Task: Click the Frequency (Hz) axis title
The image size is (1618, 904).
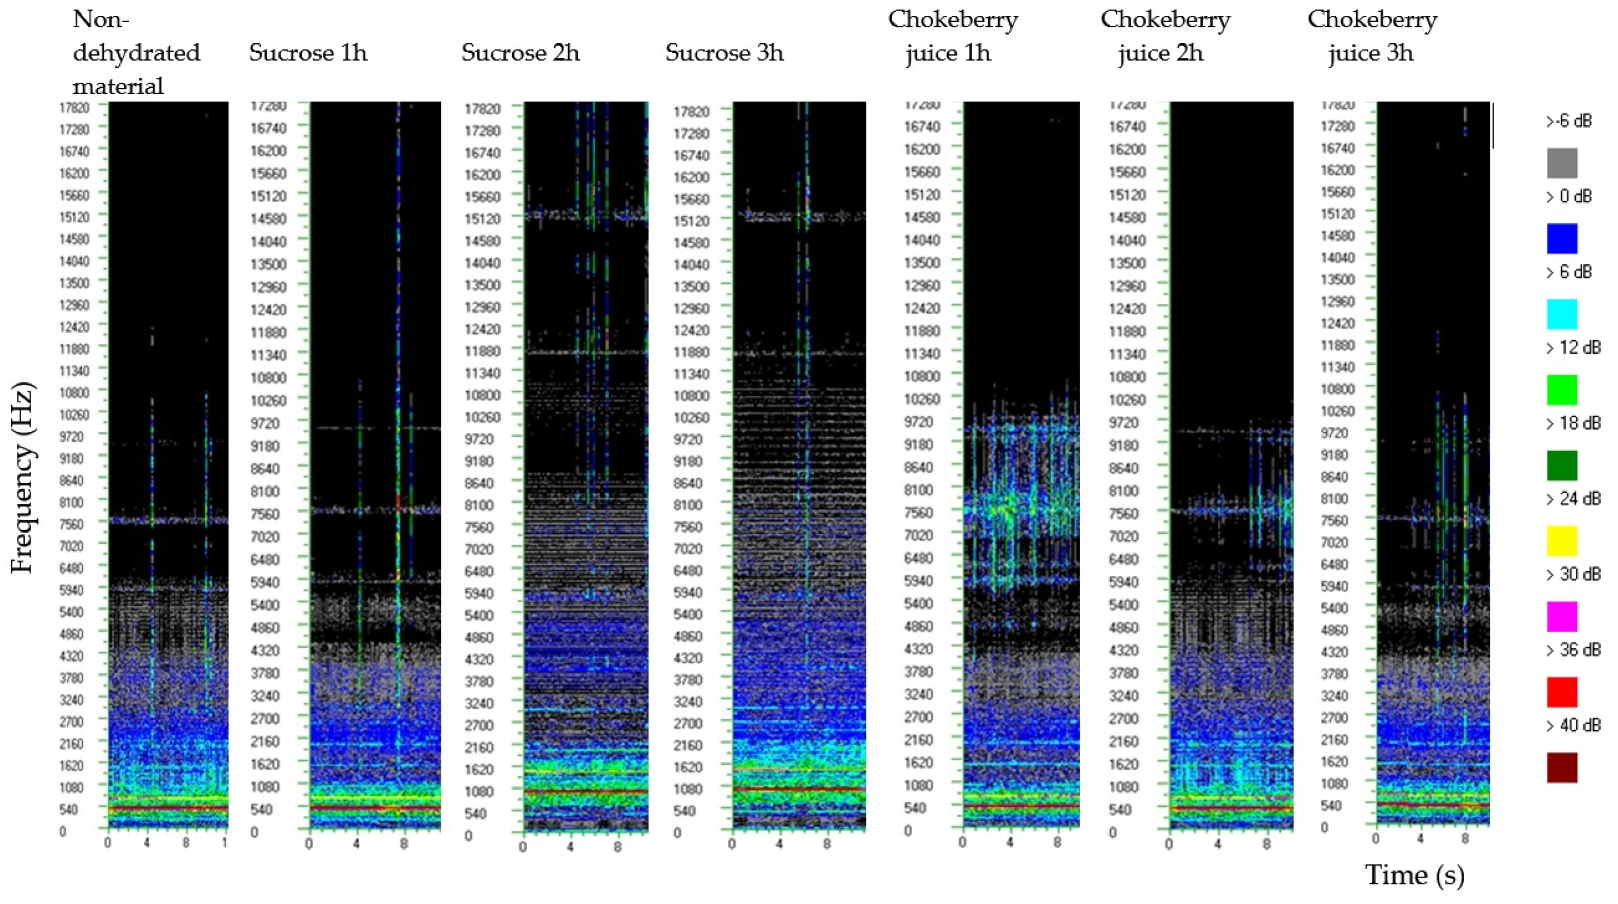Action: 23,479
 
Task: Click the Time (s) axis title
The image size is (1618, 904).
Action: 1415,874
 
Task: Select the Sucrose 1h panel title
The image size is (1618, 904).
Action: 308,53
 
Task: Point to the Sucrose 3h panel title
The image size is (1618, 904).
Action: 724,53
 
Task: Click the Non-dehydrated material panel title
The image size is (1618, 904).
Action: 136,53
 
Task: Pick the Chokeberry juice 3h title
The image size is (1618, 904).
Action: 1372,36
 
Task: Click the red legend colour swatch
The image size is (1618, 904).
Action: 1562,692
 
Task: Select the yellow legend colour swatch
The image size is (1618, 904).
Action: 1562,541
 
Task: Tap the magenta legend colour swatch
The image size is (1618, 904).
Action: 1562,617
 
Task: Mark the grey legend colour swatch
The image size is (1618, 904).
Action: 1562,163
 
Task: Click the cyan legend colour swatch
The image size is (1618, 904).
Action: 1562,314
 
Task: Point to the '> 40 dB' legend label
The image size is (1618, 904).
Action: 1573,725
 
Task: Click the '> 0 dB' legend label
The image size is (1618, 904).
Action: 1568,196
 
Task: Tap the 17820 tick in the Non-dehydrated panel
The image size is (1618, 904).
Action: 74,107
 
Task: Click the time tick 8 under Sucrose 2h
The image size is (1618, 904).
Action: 617,847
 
